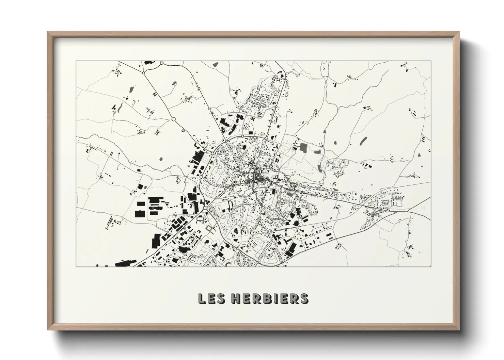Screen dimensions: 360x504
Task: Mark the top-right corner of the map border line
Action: coord(431,61)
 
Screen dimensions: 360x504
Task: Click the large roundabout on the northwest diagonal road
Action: coord(173,119)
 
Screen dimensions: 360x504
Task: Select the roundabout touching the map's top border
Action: coord(162,63)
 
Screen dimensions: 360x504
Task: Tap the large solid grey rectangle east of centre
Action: coord(303,147)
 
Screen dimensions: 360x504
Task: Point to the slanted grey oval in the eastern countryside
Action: coord(363,140)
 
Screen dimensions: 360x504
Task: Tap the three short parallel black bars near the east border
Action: coord(423,138)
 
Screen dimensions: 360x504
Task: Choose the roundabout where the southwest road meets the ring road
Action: coord(205,208)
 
